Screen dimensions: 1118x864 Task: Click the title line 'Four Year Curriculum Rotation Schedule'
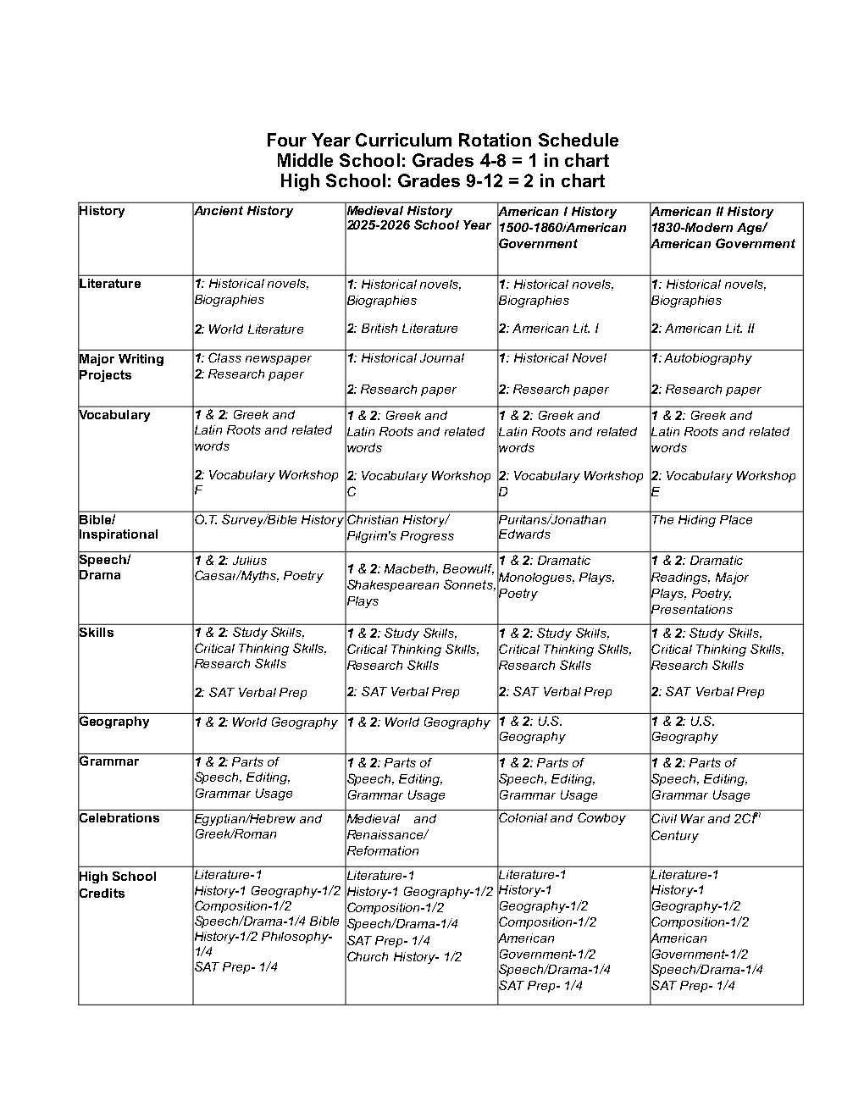[x=442, y=141]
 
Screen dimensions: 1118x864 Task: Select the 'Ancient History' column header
[x=243, y=211]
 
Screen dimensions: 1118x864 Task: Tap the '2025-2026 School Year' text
[x=418, y=226]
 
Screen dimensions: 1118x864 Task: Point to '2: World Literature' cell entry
[x=248, y=329]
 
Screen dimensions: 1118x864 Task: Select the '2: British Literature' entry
[x=402, y=329]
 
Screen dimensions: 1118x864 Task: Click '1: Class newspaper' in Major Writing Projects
[x=252, y=358]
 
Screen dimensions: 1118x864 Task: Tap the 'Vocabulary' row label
[x=114, y=415]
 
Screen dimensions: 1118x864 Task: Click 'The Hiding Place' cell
[x=701, y=520]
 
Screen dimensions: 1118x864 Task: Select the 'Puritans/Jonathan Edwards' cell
[x=551, y=527]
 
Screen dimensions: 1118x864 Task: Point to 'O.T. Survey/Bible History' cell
[x=269, y=520]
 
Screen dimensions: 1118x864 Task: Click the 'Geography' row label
[x=114, y=722]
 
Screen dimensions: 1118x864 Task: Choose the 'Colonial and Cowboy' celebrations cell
[x=562, y=818]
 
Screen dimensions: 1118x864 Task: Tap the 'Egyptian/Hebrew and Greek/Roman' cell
[x=258, y=827]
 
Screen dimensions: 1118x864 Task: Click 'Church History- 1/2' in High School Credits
[x=404, y=957]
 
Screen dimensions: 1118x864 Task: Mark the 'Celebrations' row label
[x=119, y=818]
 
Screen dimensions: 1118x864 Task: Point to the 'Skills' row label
[x=96, y=633]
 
